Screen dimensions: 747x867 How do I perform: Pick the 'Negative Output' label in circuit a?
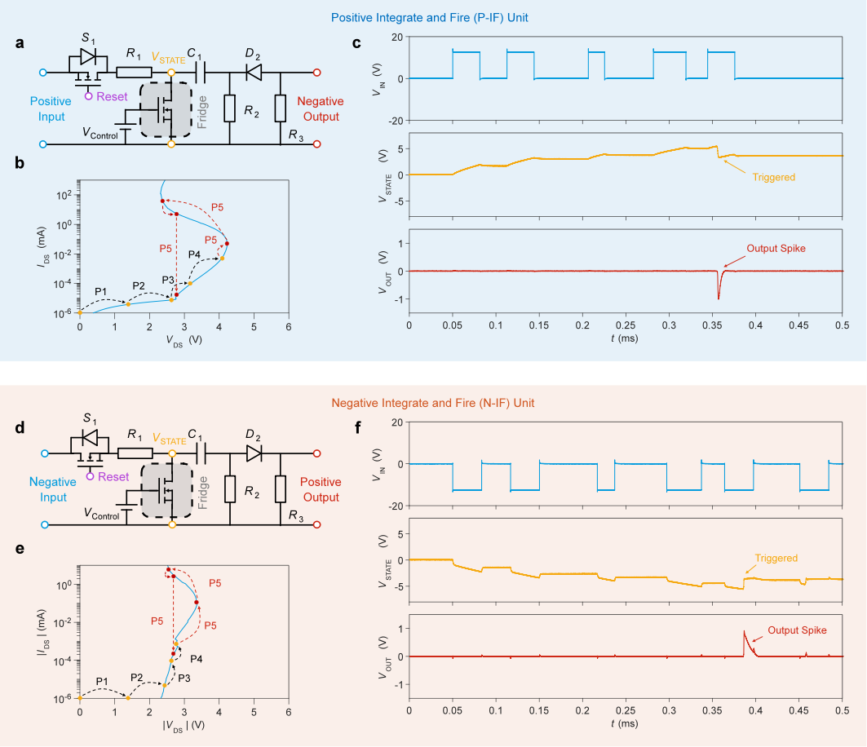(319, 109)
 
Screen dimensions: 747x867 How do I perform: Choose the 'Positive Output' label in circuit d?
(320, 490)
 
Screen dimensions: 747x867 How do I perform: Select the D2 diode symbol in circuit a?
(253, 72)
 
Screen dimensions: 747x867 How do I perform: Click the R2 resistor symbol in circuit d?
(230, 487)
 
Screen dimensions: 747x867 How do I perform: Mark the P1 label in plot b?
(101, 291)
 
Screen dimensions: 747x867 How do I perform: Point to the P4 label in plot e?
(197, 658)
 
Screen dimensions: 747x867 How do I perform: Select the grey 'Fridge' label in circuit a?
(203, 112)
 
